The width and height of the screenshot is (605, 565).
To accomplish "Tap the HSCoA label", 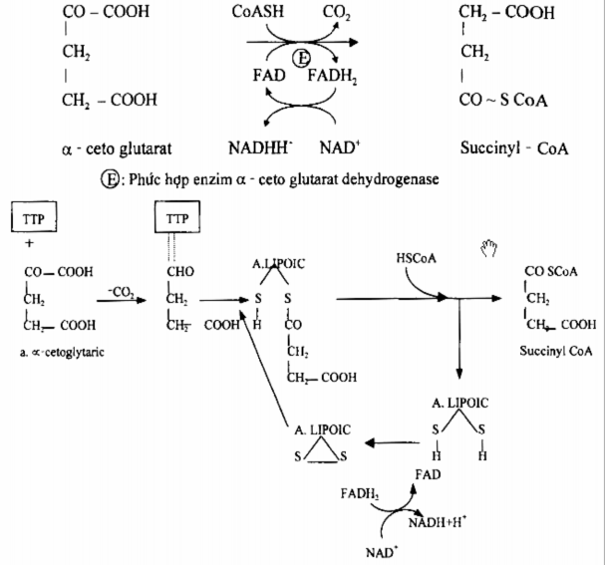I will click(415, 258).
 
